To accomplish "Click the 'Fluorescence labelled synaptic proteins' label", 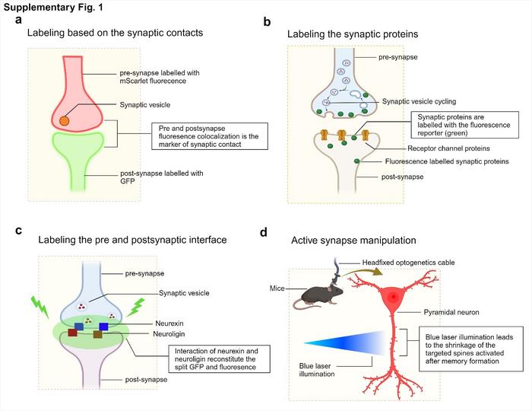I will click(x=435, y=161).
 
